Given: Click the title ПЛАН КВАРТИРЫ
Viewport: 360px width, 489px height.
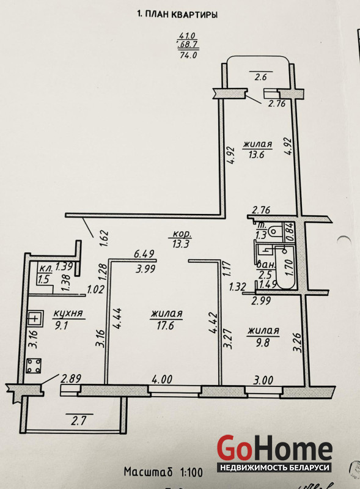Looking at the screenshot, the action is pos(181,15).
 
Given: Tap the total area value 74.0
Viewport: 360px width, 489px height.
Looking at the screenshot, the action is pos(189,56).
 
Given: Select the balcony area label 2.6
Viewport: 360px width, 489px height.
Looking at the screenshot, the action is pos(260,77).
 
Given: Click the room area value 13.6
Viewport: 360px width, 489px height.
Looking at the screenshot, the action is pos(257,155).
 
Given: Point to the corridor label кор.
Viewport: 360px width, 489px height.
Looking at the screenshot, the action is pos(182,234).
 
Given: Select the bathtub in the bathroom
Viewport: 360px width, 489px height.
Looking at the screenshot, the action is pos(285,267).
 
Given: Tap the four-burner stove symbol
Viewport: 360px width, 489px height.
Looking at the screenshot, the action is pos(34,366).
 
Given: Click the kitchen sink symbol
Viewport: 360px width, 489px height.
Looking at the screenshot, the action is pos(35,318).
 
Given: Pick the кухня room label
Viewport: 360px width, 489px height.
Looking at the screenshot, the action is pos(68,314).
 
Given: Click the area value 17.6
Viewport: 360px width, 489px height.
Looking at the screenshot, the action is pos(166,326).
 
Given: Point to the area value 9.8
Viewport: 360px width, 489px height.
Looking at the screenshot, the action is pos(263,343).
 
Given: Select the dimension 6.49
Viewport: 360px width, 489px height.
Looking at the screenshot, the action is pos(144,254).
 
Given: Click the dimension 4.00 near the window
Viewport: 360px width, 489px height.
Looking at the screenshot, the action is pos(162,380).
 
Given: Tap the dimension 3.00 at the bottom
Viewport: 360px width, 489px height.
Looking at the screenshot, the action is pos(263,380).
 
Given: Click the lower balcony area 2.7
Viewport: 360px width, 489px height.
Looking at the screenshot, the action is pos(78,421).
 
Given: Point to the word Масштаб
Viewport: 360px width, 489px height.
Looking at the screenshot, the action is pos(148,471).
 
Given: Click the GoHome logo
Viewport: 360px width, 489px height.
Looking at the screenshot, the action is pos(274,454).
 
